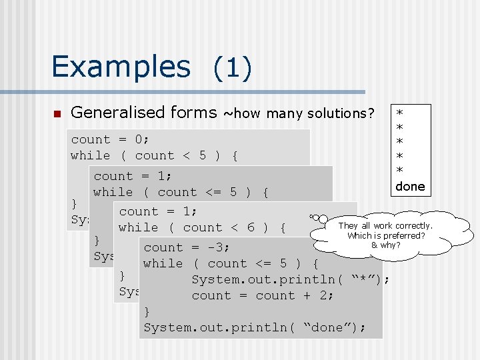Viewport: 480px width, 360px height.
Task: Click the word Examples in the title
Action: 121,67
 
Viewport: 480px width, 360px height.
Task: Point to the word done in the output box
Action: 409,187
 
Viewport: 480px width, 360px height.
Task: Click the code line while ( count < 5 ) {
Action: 154,155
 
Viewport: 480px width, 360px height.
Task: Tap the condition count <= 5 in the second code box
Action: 197,193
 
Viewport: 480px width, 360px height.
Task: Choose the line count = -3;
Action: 187,247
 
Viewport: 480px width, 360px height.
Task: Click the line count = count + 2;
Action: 263,295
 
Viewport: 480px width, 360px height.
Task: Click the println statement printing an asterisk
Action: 290,279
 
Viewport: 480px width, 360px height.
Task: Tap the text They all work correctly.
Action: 385,226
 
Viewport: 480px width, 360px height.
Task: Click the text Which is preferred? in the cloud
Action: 386,235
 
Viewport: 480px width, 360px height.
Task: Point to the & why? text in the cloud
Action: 385,245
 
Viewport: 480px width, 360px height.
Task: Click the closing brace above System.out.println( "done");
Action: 147,311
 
